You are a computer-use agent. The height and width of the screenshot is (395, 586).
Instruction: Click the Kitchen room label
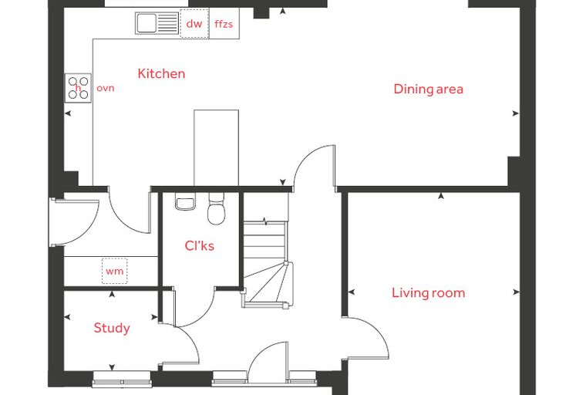tap(161, 74)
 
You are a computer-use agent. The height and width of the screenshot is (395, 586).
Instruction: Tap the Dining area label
tap(428, 89)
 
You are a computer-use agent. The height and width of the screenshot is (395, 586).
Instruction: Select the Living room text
tap(428, 292)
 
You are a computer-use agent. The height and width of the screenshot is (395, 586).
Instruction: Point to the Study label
tap(112, 328)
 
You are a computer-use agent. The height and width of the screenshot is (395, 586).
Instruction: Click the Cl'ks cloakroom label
tap(200, 246)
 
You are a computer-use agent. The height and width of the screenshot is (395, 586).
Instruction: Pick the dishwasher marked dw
tap(194, 24)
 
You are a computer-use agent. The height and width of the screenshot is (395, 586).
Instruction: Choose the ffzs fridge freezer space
tap(224, 24)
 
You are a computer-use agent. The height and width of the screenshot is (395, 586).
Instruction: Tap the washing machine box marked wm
tap(115, 271)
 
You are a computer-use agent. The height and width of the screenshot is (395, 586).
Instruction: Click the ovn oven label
tap(106, 88)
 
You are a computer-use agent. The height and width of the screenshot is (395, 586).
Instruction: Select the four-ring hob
tap(78, 88)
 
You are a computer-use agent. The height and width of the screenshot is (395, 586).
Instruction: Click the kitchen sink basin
tap(146, 23)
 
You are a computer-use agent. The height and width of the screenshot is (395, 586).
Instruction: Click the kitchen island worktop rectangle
tap(217, 148)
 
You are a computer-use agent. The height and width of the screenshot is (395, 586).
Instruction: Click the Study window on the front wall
tap(122, 379)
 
